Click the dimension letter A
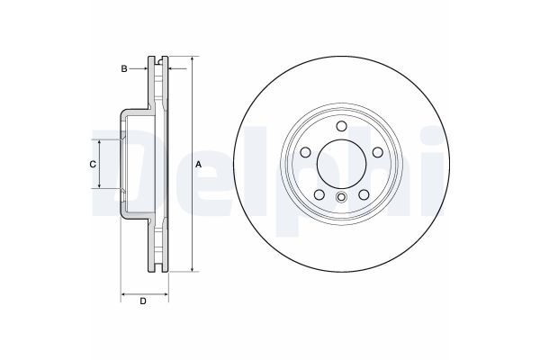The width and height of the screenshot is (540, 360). pyautogui.click(x=199, y=164)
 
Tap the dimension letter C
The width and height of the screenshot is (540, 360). pyautogui.click(x=92, y=164)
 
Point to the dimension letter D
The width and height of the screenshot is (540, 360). pyautogui.click(x=142, y=301)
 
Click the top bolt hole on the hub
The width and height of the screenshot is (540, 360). pyautogui.click(x=341, y=127)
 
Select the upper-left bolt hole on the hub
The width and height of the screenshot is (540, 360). pyautogui.click(x=306, y=152)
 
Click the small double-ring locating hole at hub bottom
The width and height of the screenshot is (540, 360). pyautogui.click(x=341, y=199)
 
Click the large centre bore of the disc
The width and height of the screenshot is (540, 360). pyautogui.click(x=341, y=164)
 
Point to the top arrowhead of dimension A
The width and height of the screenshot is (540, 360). pyautogui.click(x=192, y=60)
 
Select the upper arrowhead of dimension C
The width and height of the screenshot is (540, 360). pyautogui.click(x=100, y=143)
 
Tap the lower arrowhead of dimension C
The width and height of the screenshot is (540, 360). pyautogui.click(x=100, y=184)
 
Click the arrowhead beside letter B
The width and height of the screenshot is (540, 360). pyautogui.click(x=145, y=67)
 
